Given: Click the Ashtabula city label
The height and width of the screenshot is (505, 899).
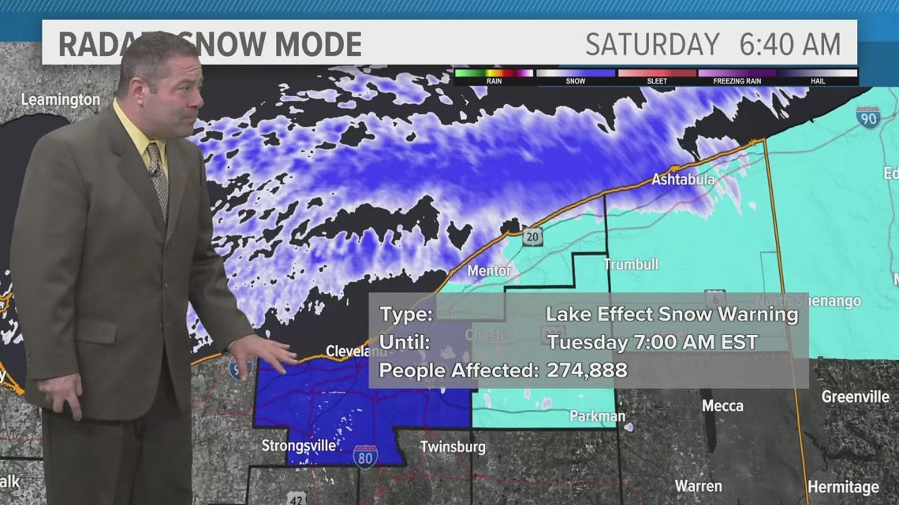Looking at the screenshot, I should pos(682,180).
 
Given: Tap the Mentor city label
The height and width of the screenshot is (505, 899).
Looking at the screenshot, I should pos(489,270).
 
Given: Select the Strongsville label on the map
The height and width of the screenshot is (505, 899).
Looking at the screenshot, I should pos(299,445).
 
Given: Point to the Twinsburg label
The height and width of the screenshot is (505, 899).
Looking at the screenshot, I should pos(451,446).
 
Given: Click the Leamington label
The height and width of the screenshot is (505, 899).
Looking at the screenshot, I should pos(61,100).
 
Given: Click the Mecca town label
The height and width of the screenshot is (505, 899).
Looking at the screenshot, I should pos(722,406).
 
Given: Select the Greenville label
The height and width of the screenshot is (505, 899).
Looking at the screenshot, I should pos(855,396).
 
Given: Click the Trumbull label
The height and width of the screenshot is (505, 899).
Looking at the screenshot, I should pos(631,265).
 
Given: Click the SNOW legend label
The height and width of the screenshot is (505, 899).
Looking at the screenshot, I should pos(576,81).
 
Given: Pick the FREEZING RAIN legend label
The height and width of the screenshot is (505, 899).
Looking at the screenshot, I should pos(737,81).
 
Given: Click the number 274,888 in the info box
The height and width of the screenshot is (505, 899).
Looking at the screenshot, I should pos(587,369).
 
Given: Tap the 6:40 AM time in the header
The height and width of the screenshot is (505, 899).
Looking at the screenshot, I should pos(789,44).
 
